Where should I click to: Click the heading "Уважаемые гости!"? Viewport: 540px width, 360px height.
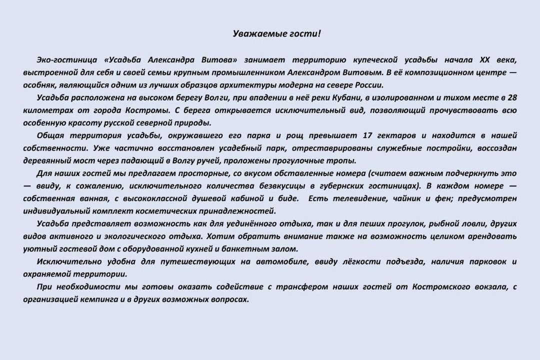tap(277, 34)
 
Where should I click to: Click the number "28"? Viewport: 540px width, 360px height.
tap(511, 98)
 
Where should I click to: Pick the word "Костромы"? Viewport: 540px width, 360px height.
tap(152, 110)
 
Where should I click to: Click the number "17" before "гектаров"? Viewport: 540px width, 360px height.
tap(367, 136)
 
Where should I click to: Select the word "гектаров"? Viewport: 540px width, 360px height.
tap(397, 136)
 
